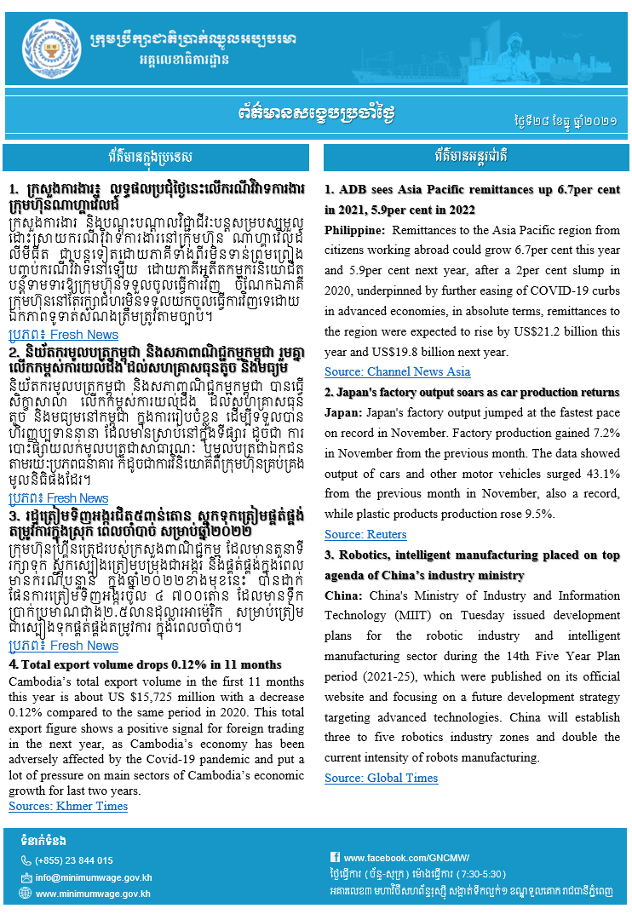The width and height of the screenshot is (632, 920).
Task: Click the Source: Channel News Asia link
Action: pos(397,371)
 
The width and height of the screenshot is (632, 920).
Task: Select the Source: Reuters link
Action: pos(365,534)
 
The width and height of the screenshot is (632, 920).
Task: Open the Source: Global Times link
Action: pos(381,778)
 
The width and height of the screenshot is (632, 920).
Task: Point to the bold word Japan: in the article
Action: pos(343,412)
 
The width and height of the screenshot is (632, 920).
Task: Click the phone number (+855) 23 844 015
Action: pos(74,860)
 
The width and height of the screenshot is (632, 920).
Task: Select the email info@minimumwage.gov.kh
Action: pos(93,877)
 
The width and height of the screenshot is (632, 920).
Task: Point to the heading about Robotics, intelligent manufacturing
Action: pos(473,555)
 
